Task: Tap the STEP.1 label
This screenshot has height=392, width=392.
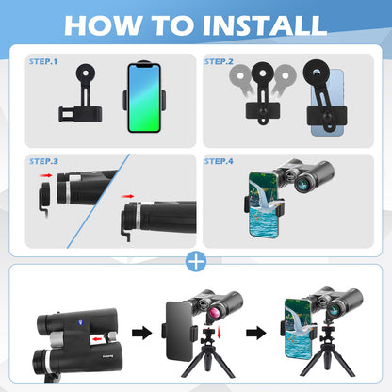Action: click(x=43, y=61)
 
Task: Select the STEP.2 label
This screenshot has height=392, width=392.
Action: click(x=219, y=61)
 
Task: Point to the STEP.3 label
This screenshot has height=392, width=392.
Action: click(x=43, y=161)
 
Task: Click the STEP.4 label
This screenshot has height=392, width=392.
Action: click(x=219, y=161)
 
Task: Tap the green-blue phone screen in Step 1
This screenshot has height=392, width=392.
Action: click(x=144, y=98)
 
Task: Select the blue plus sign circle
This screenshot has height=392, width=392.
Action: click(x=196, y=261)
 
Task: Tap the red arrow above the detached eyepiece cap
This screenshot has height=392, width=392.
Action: click(x=46, y=175)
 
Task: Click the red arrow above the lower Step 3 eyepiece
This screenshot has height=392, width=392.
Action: click(x=127, y=196)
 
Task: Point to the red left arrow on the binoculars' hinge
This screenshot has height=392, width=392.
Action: click(x=97, y=339)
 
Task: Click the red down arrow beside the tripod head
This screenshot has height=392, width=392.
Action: click(x=219, y=333)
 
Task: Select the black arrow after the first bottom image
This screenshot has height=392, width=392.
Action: click(x=142, y=333)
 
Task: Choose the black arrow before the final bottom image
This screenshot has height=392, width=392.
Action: click(x=256, y=333)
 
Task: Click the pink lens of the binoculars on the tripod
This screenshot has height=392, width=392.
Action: click(x=215, y=313)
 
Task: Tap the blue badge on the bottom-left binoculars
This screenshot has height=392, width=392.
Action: click(x=79, y=322)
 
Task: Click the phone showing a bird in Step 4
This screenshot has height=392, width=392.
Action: click(x=264, y=204)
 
